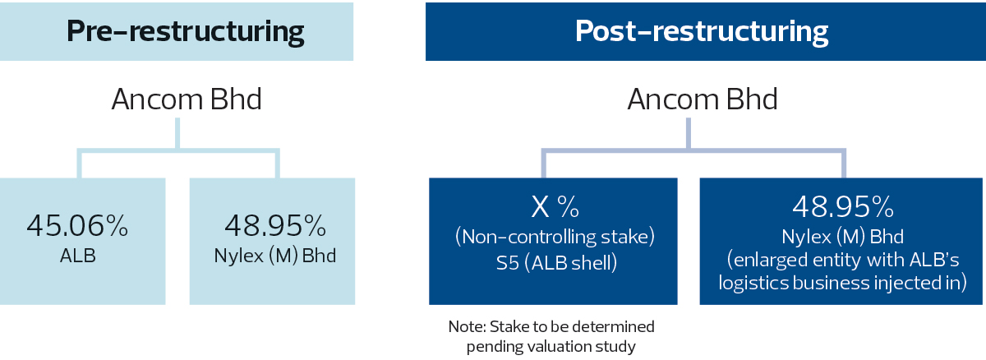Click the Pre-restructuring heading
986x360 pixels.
[186, 32]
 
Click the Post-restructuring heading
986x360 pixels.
[702, 32]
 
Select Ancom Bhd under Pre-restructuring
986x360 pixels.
[187, 99]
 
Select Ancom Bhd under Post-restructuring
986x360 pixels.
[703, 99]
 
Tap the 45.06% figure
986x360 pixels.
[77, 226]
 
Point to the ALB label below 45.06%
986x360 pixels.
[78, 256]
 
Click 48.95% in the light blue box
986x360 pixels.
[275, 226]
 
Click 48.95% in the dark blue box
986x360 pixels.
[843, 207]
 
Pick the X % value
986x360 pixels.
[555, 207]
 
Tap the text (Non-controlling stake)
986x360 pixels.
[555, 237]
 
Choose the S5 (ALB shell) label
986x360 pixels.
[556, 263]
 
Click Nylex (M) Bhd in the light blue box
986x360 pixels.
[275, 256]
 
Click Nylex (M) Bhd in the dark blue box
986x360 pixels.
[842, 237]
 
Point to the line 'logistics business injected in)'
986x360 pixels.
[842, 283]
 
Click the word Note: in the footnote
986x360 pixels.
[467, 326]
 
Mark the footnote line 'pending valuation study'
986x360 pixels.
[551, 347]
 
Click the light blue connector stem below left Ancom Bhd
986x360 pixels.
[177, 133]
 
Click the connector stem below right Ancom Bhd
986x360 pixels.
[689, 133]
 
